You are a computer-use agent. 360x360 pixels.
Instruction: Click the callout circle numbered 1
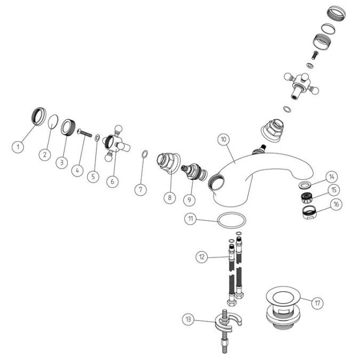pos(18,147)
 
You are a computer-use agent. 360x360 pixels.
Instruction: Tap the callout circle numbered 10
pos(223,139)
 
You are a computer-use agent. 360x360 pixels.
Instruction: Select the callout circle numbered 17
pos(317,303)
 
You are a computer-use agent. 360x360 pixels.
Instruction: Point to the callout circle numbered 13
pos(188,319)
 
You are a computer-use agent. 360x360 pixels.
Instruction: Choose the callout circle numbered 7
pos(140,190)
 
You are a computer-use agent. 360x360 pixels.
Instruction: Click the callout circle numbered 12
pos(202,257)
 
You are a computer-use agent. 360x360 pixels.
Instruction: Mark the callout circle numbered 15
pos(334,190)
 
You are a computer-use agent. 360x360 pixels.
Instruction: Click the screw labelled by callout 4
pos(85,133)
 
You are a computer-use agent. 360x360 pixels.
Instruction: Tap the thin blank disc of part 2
pos(53,122)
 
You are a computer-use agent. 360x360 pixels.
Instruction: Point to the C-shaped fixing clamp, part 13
pos(228,321)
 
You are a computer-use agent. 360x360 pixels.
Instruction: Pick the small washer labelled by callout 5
pos(97,138)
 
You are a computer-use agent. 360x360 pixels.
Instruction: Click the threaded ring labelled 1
pos(38,116)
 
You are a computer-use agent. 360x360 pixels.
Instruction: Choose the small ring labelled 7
pos(145,154)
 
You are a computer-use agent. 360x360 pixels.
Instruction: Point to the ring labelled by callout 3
pos(68,127)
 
